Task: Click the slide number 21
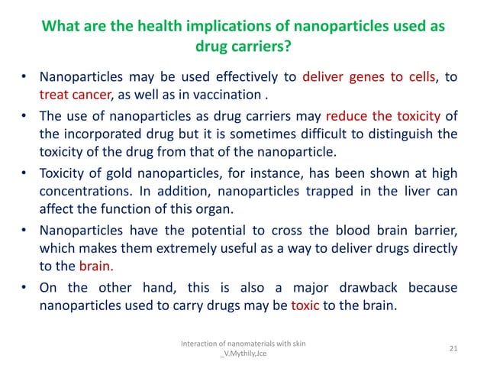(453, 349)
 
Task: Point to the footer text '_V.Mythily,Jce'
(243, 354)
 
